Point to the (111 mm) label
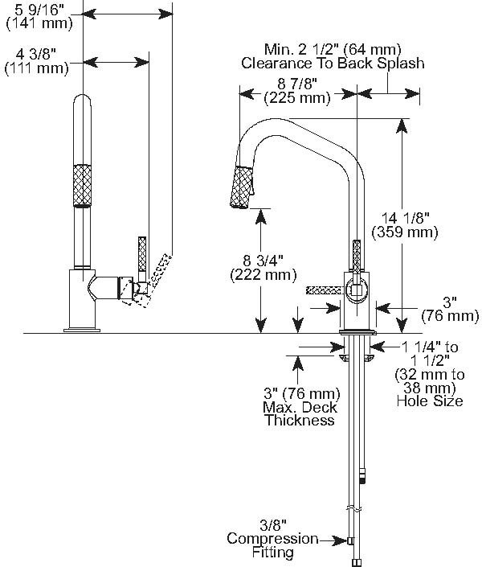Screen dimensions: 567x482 (x=38, y=68)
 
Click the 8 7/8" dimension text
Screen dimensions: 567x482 (x=298, y=84)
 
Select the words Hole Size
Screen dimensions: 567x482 (x=429, y=401)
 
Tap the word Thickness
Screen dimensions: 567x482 (x=299, y=420)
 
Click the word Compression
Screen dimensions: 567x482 (x=272, y=538)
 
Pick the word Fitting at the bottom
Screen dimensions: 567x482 (x=272, y=553)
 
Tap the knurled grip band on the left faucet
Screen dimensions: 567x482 (x=83, y=185)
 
